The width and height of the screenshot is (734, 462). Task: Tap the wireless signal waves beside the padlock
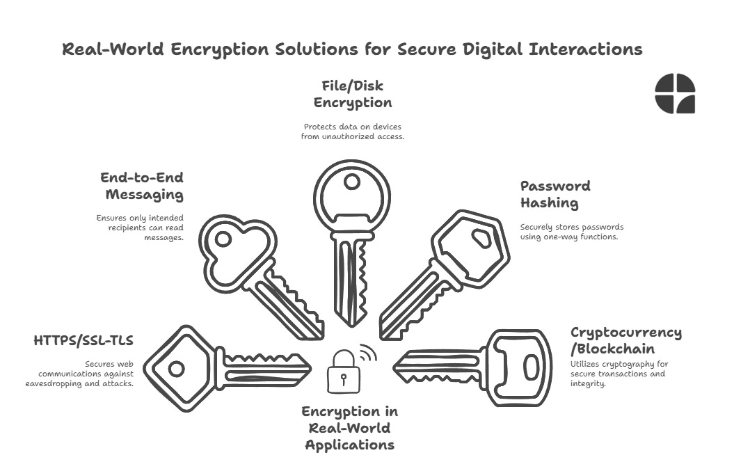tap(368, 354)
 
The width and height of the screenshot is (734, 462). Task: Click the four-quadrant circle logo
tap(675, 93)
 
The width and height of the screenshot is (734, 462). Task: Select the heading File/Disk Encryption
tap(353, 94)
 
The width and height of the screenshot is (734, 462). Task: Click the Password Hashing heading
tap(555, 194)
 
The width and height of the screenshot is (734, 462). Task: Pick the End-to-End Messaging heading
tap(141, 186)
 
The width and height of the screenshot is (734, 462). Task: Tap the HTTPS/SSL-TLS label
tap(83, 340)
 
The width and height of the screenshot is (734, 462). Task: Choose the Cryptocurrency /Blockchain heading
tap(625, 340)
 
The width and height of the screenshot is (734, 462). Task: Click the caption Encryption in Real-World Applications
tap(350, 428)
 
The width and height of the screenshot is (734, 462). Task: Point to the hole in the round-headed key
tap(353, 182)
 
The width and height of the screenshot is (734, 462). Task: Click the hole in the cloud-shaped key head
tap(223, 239)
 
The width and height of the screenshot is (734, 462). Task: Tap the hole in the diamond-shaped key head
tap(177, 368)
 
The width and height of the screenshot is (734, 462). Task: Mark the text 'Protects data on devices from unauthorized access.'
tap(353, 132)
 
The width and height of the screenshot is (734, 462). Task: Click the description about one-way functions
tap(572, 232)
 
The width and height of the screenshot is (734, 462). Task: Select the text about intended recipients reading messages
tap(140, 228)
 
